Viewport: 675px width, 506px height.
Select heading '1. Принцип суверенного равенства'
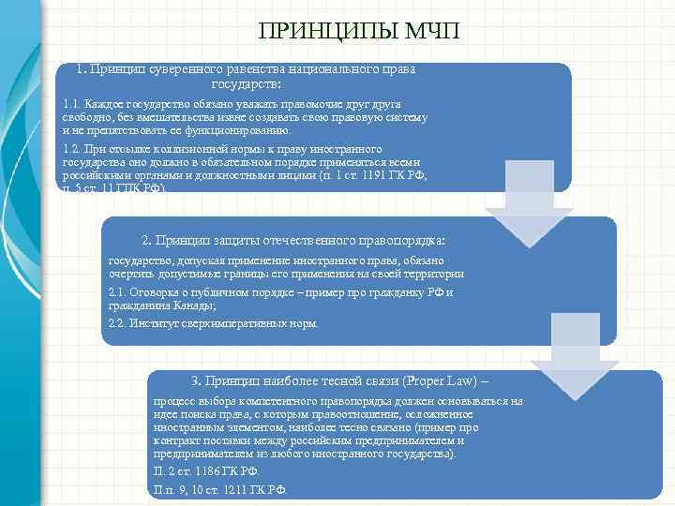[x=246, y=69]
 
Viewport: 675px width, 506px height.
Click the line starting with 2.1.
[x=281, y=292]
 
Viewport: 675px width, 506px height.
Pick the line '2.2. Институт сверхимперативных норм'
[x=214, y=323]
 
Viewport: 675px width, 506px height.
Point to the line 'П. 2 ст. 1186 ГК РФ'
[x=206, y=470]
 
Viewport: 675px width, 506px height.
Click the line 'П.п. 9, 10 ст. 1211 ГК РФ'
[x=220, y=489]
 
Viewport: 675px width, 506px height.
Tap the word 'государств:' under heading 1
[x=247, y=84]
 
